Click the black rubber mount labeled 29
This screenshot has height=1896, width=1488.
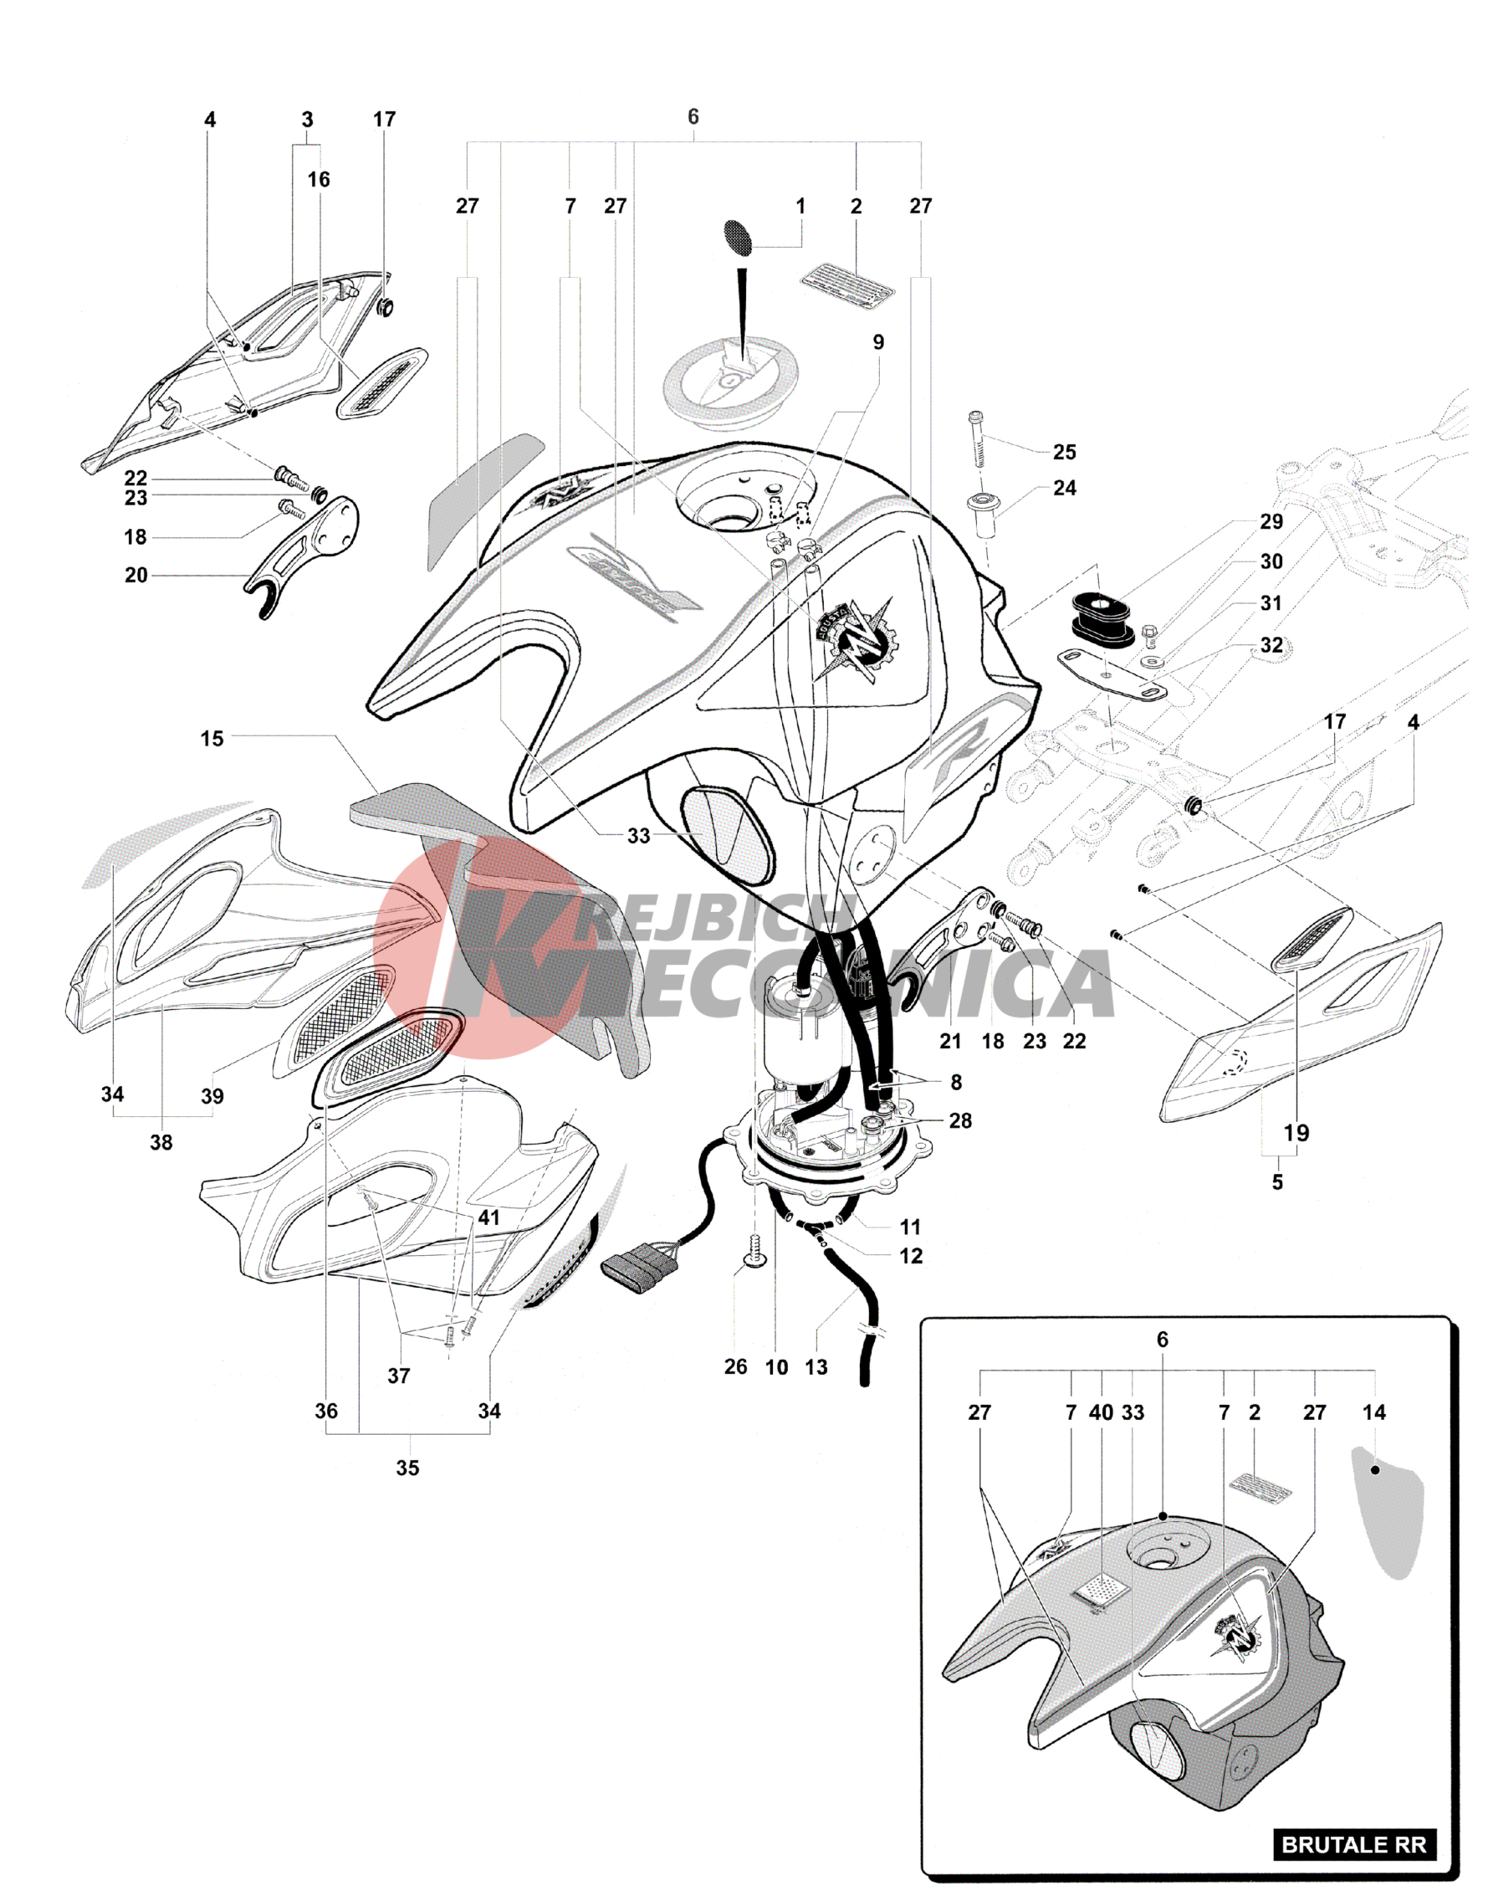point(1102,619)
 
